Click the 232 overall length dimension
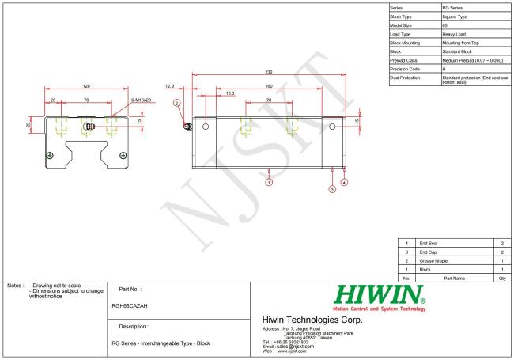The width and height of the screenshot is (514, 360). coord(269,72)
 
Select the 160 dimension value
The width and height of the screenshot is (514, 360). coord(269,86)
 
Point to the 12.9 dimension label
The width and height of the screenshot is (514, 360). coord(169,86)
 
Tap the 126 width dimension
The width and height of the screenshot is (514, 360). coord(86,86)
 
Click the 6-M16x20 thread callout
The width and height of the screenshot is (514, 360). coord(141,100)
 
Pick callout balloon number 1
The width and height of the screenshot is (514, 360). coord(269,182)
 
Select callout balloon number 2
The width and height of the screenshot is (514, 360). coord(177,104)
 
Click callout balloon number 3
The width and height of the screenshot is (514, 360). coord(332,189)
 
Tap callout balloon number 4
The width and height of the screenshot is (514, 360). coord(344,182)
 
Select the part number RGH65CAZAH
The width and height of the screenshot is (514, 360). coord(130,306)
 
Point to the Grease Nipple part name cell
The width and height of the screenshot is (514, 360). coord(433,261)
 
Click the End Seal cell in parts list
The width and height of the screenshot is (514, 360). coord(429,243)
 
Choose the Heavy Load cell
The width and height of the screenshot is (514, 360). coord(454,34)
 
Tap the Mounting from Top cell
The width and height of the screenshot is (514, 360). coord(460,43)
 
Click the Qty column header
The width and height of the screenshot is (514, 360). coord(502,279)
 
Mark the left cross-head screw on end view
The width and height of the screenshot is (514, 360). coord(50,155)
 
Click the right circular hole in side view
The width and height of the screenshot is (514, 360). coord(332,127)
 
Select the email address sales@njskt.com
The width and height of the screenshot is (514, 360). coord(296,347)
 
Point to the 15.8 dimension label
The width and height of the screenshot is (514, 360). coord(230,93)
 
